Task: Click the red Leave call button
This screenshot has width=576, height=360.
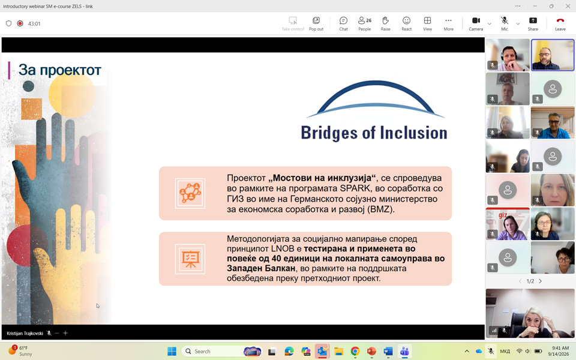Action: (x=560, y=23)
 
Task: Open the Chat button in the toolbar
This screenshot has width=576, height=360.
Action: (x=343, y=23)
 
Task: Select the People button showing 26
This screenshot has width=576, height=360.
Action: (x=364, y=23)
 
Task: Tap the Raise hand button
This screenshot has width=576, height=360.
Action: (x=385, y=23)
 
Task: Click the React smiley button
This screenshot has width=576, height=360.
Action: (x=406, y=23)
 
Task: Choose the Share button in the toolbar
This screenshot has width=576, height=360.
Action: (x=533, y=23)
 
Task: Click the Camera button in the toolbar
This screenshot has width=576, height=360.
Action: (x=476, y=23)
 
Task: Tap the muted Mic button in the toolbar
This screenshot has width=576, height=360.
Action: (x=505, y=23)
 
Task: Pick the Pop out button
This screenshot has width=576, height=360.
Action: (x=316, y=23)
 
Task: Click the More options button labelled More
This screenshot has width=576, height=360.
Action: (x=448, y=23)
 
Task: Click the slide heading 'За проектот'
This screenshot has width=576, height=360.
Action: (x=59, y=70)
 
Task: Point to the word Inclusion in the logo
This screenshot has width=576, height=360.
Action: (x=413, y=133)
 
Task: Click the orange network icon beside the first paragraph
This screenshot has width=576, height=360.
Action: (x=190, y=193)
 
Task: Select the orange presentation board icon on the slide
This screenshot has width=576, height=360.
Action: (x=190, y=259)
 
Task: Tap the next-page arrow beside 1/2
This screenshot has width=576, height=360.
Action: (x=540, y=281)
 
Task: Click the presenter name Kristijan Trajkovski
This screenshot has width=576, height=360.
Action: (x=25, y=333)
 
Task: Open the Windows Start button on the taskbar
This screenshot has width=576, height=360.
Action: (x=172, y=351)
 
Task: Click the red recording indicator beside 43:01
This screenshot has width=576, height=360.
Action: (x=20, y=23)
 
